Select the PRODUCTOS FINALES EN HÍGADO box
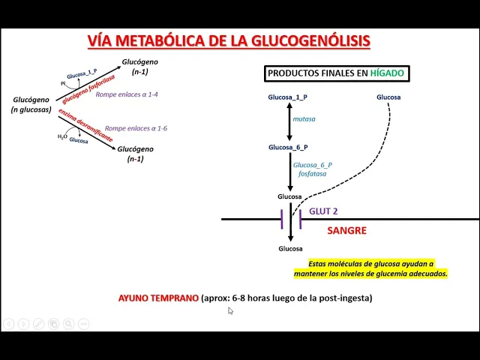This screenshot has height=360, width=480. click(x=334, y=73)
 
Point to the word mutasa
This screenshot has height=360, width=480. click(x=304, y=118)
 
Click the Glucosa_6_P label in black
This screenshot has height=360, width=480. click(x=289, y=147)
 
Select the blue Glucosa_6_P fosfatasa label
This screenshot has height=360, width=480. click(x=313, y=169)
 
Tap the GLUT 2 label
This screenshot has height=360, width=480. click(x=323, y=211)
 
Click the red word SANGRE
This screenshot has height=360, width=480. click(x=346, y=230)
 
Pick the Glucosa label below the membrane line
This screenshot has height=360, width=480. click(x=289, y=248)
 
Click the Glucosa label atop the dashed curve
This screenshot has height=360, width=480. click(x=388, y=97)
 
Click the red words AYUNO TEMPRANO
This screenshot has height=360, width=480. click(x=158, y=298)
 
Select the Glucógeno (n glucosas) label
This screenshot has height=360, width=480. click(x=31, y=104)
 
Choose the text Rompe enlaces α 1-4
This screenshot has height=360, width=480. click(x=127, y=94)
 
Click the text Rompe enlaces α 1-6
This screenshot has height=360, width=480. click(x=136, y=128)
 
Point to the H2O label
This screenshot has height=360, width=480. click(x=62, y=136)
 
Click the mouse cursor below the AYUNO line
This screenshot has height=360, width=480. click(x=230, y=310)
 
